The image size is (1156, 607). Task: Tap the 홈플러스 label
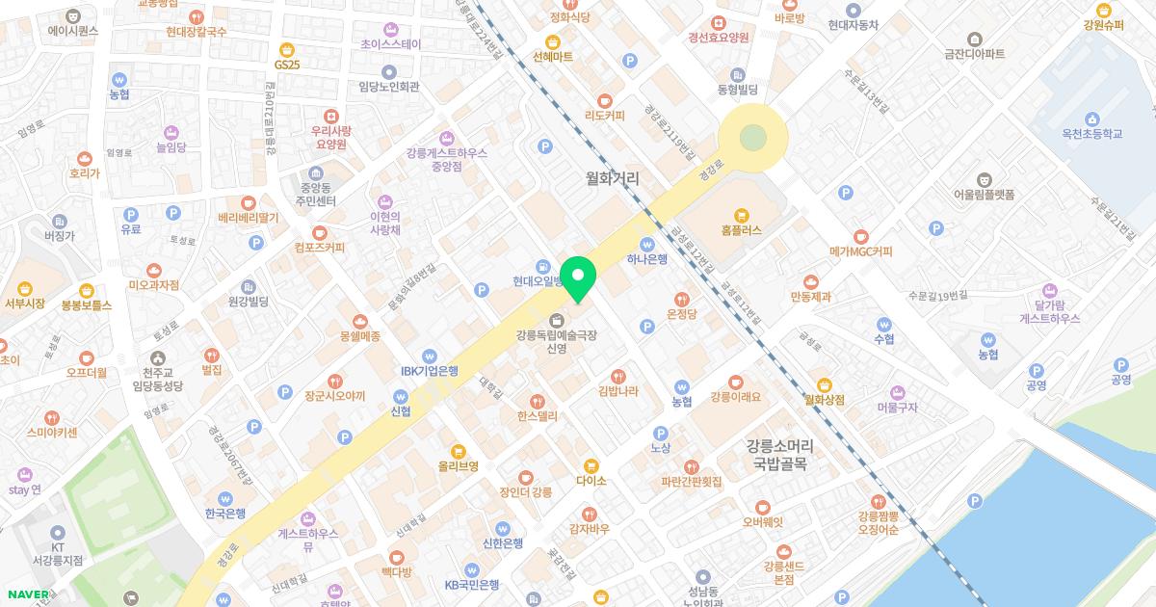[741, 230]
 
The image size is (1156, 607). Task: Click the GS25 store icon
[286, 49]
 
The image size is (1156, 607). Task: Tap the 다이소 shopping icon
[591, 464]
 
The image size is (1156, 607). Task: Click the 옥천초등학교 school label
[1087, 134]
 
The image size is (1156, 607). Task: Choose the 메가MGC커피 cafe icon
[860, 236]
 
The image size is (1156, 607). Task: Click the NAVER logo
[27, 594]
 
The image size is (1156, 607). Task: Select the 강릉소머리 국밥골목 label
[779, 455]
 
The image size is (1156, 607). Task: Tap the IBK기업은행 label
[429, 371]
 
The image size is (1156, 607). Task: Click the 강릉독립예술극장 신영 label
[556, 342]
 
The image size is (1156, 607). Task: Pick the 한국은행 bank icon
[225, 498]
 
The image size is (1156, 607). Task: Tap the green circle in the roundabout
[751, 139]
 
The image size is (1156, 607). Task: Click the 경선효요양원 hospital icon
[718, 22]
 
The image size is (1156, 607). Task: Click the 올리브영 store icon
[458, 450]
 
